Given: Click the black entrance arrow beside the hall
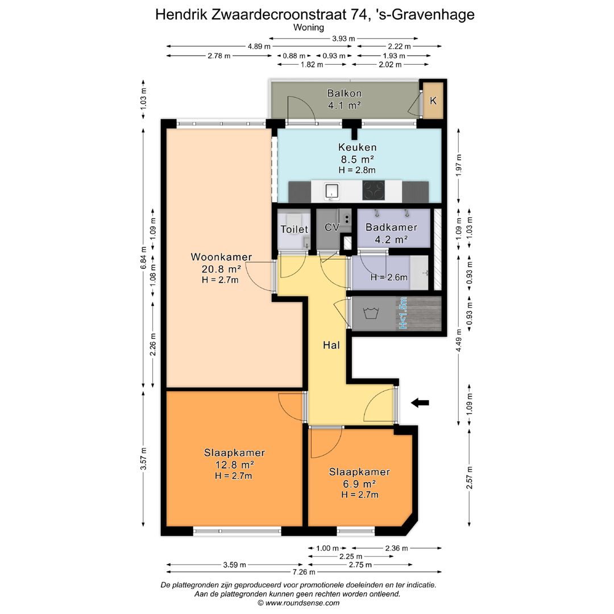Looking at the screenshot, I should point(420,403).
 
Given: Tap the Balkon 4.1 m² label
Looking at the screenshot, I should point(345,99).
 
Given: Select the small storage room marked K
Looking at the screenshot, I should point(433,101).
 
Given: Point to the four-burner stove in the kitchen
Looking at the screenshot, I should point(374,191).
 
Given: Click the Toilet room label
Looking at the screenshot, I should point(294,230).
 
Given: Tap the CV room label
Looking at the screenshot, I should point(331,227).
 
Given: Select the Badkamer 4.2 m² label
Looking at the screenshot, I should point(391,233).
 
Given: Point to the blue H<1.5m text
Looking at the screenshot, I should point(404,313).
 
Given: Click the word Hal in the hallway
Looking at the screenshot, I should point(331,345).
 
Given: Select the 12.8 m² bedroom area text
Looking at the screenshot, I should point(234,465).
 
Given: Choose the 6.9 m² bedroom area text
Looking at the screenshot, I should point(359,484).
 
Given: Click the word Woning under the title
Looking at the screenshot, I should point(309,27).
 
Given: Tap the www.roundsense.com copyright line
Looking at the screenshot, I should point(298,603).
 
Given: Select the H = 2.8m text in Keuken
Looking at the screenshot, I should point(357,169).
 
